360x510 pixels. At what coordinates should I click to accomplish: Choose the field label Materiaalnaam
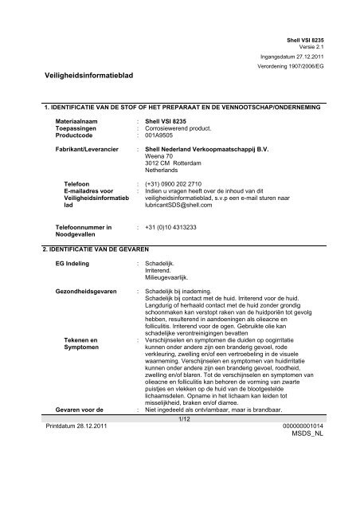point(79,120)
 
